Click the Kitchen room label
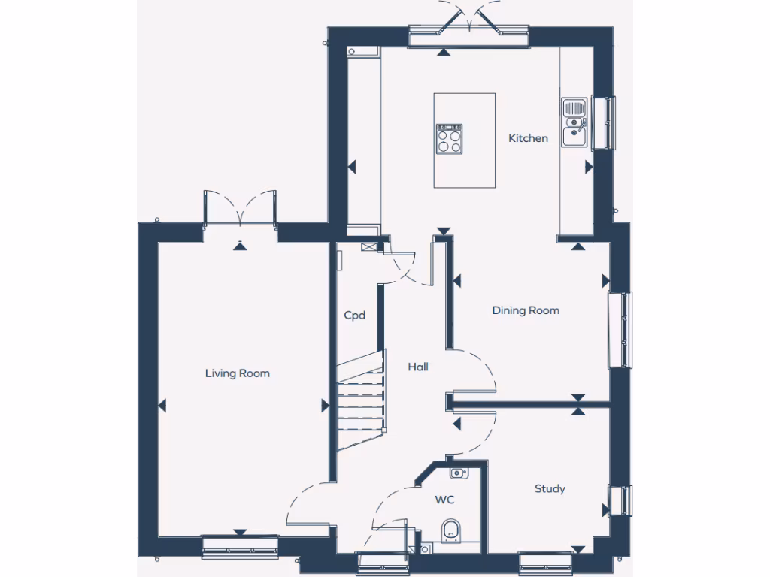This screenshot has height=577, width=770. click(528, 138)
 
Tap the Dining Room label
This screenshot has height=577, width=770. click(526, 310)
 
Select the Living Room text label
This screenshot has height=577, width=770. click(237, 373)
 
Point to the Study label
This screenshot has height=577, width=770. click(550, 489)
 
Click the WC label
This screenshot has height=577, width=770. click(444, 500)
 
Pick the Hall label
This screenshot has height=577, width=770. click(418, 367)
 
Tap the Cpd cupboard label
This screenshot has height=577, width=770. click(354, 316)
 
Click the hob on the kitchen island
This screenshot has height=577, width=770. click(449, 138)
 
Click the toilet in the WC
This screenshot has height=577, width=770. click(451, 530)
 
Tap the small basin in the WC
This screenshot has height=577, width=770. click(459, 473)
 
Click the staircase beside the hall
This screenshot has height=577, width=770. click(361, 402)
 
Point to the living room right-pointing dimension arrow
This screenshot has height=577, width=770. click(326, 406)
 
